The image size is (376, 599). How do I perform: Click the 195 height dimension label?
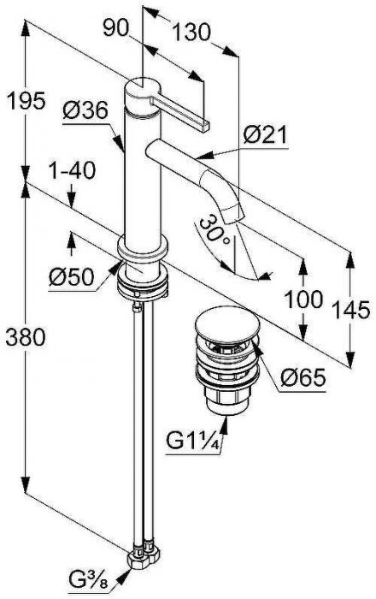pyautogui.click(x=26, y=101)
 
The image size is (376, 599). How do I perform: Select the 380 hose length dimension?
pyautogui.click(x=26, y=337)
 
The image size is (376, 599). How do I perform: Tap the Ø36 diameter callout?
pyautogui.click(x=85, y=111)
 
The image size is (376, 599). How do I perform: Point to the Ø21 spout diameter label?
pyautogui.click(x=265, y=134)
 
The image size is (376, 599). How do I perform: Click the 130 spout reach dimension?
pyautogui.click(x=191, y=32)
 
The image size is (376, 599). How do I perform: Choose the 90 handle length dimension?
pyautogui.click(x=115, y=28)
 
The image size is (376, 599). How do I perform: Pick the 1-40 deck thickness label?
pyautogui.click(x=72, y=169)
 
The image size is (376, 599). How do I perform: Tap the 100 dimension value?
pyautogui.click(x=304, y=299)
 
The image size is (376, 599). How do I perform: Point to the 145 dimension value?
pyautogui.click(x=351, y=310)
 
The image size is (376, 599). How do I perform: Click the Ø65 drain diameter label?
pyautogui.click(x=303, y=377)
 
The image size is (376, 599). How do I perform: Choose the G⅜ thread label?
pyautogui.click(x=89, y=584)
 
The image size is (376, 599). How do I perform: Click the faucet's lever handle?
pyautogui.click(x=180, y=111)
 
